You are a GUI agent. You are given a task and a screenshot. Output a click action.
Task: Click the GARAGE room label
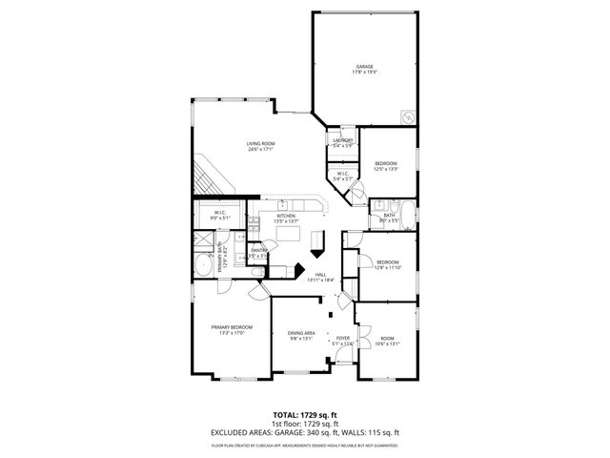coord(365,66)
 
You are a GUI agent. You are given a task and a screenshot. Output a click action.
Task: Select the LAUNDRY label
coord(343,141)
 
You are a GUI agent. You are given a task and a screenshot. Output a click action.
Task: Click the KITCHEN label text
coord(287,216)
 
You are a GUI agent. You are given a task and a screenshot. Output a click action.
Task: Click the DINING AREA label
coord(301,332)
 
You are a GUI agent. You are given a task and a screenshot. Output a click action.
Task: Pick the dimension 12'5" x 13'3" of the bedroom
coord(386,169)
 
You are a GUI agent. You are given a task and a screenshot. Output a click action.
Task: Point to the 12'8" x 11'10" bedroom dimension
coord(387,268)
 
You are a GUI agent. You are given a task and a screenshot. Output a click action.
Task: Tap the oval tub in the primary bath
coord(203,264)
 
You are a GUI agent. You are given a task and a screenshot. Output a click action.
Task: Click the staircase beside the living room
coord(210,177)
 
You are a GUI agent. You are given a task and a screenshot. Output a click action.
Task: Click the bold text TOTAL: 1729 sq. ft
coord(305,415)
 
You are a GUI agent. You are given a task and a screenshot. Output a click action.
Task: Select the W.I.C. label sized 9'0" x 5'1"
coord(220,215)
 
